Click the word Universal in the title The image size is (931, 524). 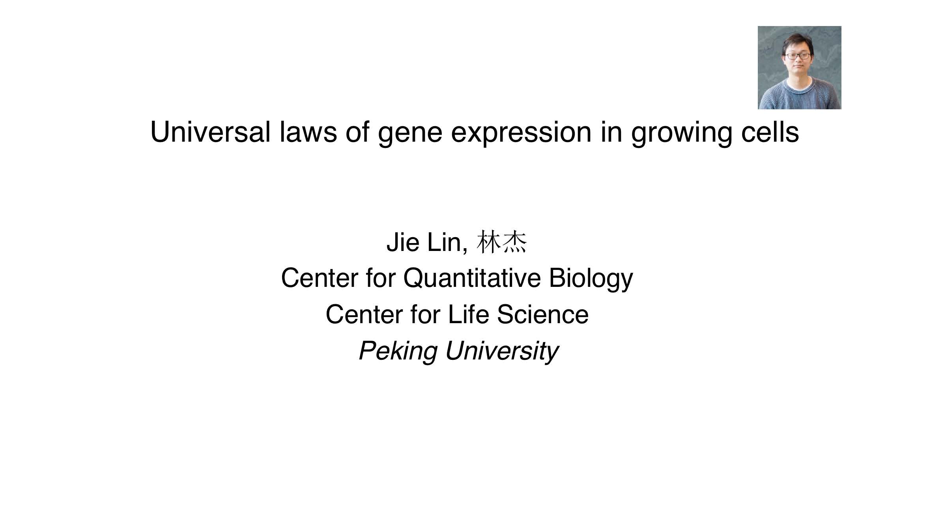(211, 132)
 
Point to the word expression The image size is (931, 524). (521, 135)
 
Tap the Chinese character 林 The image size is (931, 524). (489, 242)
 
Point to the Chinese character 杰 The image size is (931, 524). (514, 242)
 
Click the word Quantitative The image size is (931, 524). (472, 278)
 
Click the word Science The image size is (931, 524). (542, 314)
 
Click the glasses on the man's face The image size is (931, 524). (798, 56)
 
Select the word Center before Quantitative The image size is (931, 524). (319, 278)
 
